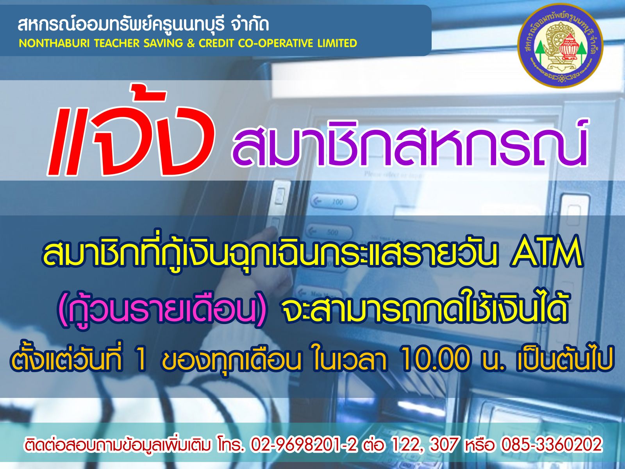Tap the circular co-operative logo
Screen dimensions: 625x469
(x=560, y=46)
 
